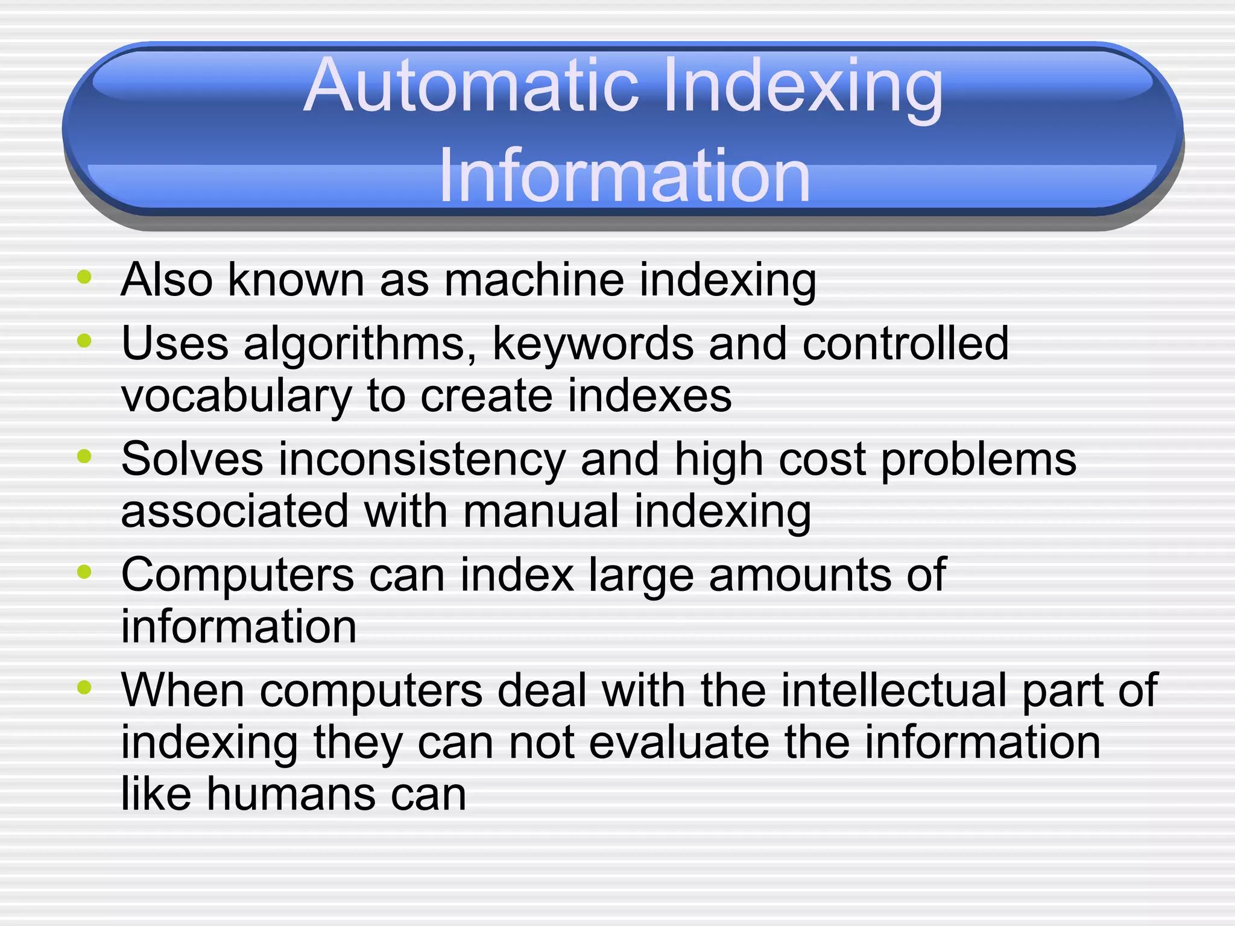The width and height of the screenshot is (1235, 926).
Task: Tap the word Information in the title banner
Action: [x=624, y=177]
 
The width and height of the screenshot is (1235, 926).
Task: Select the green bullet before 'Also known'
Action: [x=84, y=278]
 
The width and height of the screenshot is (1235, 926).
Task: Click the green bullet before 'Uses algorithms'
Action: [x=84, y=341]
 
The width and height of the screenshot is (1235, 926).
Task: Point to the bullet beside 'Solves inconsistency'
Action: [x=84, y=457]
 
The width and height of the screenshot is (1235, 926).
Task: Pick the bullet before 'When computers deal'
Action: [x=84, y=687]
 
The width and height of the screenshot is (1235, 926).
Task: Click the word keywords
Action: [x=593, y=344]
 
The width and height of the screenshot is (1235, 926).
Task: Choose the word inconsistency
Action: [x=422, y=460]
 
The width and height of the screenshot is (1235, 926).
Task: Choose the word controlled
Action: [x=905, y=344]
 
